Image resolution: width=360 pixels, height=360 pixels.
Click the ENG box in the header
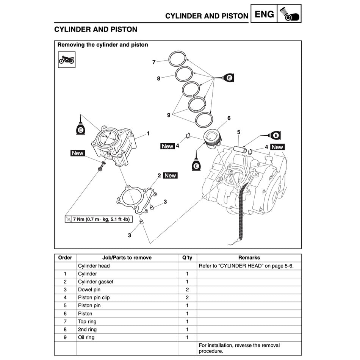[264, 14]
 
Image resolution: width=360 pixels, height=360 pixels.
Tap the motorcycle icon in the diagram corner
[67, 59]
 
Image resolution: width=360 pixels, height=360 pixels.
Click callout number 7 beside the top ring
[154, 62]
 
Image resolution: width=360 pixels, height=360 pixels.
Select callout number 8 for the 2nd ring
[158, 78]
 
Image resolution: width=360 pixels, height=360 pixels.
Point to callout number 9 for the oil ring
[169, 115]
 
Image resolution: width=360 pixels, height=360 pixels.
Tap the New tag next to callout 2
[170, 175]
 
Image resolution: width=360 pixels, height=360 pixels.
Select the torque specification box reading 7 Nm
[99, 219]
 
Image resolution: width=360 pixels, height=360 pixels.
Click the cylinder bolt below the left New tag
[101, 168]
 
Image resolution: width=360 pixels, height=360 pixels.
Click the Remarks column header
[249, 257]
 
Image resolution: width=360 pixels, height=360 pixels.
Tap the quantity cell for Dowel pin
[187, 290]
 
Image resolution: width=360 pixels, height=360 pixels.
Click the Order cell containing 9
[65, 337]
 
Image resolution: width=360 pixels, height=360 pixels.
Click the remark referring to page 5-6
[246, 266]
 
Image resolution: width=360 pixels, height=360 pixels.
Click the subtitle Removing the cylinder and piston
[103, 45]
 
